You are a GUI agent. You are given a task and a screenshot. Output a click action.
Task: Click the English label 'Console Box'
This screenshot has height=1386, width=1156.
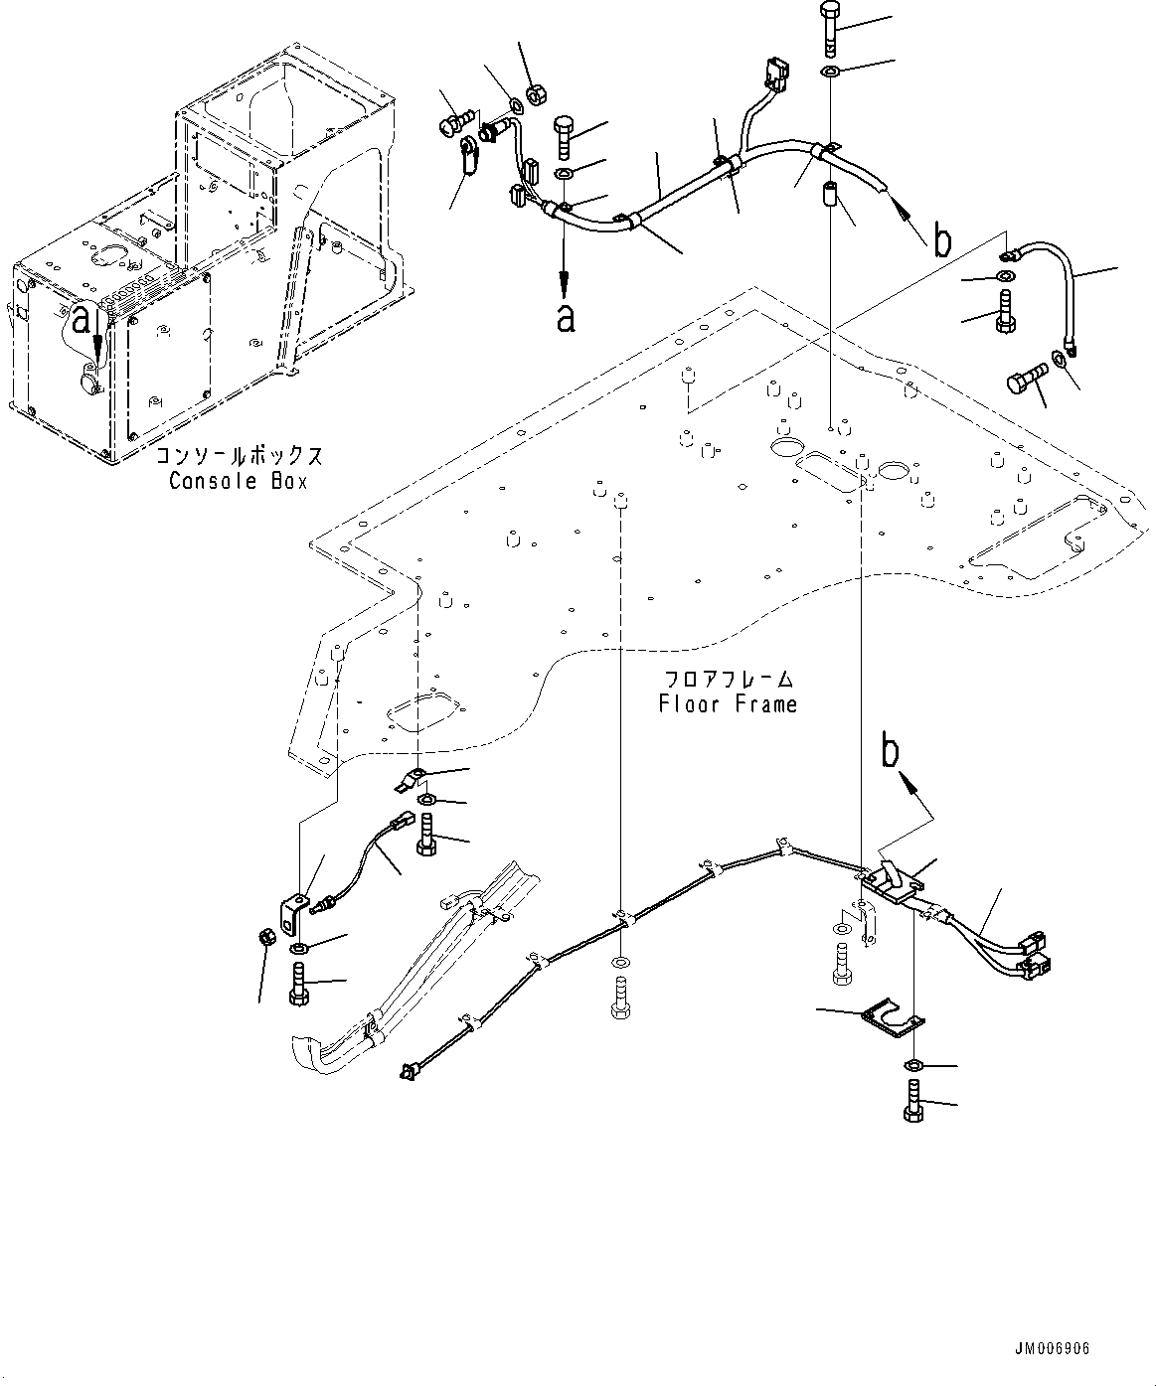(238, 481)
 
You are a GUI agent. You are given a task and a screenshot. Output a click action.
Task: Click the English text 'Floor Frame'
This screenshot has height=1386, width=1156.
(728, 704)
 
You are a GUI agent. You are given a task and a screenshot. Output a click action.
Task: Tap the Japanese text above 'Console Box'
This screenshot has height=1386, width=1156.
(239, 457)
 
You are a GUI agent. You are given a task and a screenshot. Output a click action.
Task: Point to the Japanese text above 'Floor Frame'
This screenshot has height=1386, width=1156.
(729, 680)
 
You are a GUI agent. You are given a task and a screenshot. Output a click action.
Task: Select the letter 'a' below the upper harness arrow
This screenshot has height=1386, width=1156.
(566, 318)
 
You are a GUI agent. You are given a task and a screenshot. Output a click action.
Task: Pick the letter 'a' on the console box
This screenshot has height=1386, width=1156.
(83, 320)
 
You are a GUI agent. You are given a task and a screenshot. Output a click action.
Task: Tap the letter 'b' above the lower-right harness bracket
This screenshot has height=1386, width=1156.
(892, 752)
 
